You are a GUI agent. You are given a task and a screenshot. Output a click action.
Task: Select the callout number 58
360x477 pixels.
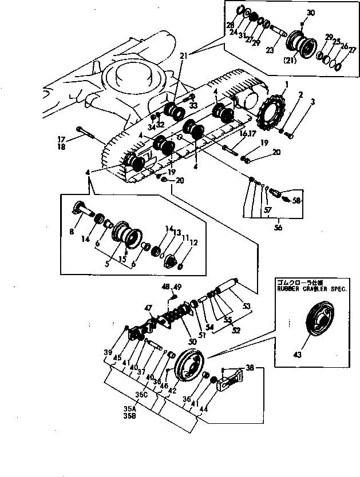296,201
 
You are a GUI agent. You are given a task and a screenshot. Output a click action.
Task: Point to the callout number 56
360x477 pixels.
278,226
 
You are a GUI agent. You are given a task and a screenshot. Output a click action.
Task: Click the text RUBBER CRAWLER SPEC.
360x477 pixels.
303,288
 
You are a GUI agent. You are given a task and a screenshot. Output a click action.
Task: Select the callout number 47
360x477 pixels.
148,308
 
